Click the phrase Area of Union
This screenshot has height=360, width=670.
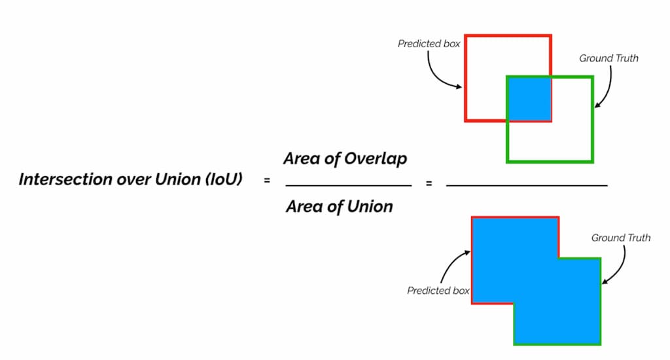tap(340, 207)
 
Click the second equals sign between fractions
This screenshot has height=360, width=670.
tap(429, 184)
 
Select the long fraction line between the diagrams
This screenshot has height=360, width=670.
tap(526, 186)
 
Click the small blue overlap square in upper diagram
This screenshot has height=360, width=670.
tap(529, 99)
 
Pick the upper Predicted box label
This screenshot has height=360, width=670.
tap(429, 44)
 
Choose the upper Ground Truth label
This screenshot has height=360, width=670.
tap(608, 58)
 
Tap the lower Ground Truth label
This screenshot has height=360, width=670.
tap(621, 238)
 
